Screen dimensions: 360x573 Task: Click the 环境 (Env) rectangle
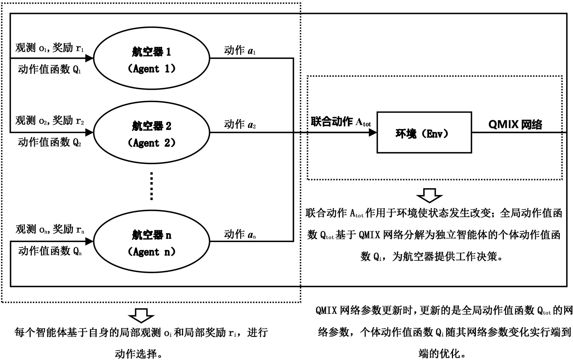[424, 133]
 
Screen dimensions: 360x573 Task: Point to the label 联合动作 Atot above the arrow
[341, 122]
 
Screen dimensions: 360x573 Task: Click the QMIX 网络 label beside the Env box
[515, 124]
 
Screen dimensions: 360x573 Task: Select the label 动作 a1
[240, 51]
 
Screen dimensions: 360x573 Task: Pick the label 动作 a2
[240, 124]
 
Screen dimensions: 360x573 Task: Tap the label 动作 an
[240, 235]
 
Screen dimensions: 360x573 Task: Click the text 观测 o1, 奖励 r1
[49, 48]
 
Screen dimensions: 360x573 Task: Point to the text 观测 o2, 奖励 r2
[49, 120]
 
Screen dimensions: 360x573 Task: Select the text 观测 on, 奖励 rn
[49, 229]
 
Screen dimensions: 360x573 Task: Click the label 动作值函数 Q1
[49, 69]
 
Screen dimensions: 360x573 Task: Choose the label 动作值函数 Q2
[49, 142]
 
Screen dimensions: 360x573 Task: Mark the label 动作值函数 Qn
[49, 251]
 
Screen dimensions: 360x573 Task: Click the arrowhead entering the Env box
[373, 133]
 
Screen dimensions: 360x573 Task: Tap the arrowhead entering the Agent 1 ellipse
[89, 58]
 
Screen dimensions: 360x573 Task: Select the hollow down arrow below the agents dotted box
[141, 316]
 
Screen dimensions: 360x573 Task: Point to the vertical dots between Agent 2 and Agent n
[152, 186]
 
